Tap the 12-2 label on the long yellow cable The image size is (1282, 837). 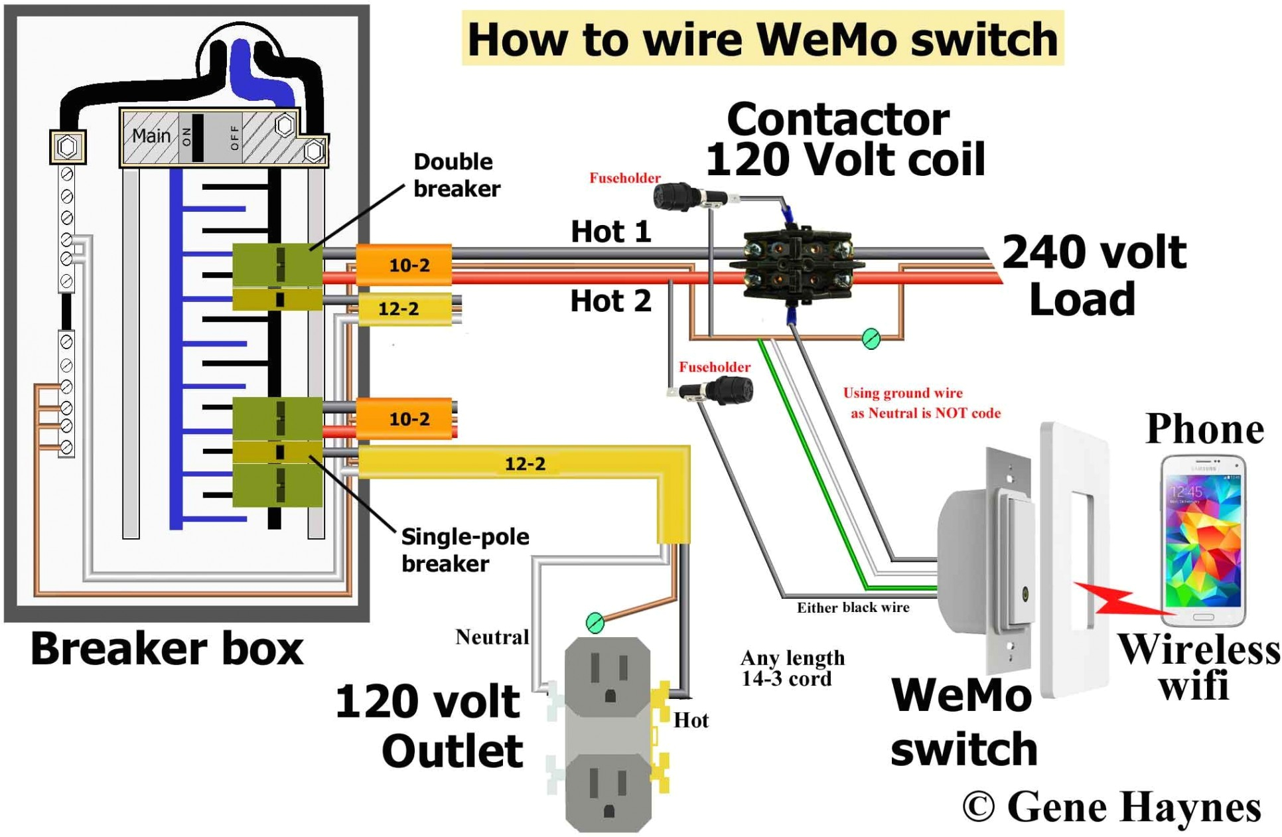coord(524,463)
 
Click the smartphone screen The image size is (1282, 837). coord(1203,541)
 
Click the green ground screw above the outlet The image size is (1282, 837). coord(595,623)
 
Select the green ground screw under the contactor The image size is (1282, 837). coord(871,339)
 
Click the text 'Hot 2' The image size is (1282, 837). coord(610,301)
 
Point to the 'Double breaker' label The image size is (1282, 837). coord(456,175)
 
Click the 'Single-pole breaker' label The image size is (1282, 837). coord(464,550)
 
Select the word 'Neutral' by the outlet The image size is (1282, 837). coord(492,637)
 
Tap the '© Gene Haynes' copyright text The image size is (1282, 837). coord(1111,806)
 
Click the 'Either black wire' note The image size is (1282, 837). coord(853,607)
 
